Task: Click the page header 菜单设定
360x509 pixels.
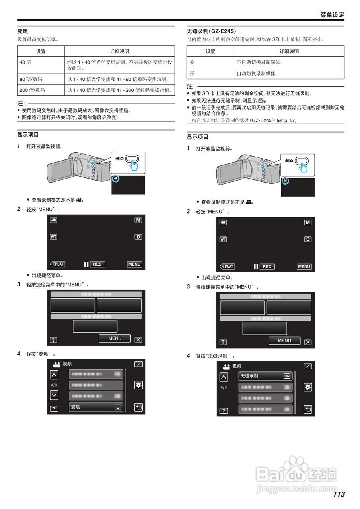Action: pos(332,15)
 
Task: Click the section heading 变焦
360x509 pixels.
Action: pos(23,31)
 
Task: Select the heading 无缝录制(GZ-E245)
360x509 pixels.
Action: pos(211,31)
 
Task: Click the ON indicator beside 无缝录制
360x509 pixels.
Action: pos(287,376)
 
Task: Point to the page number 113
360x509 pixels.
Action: pos(339,494)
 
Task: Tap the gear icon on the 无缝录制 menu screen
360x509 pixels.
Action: pos(308,387)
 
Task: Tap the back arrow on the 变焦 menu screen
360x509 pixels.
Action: pos(138,407)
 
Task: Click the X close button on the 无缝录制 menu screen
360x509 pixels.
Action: pos(308,366)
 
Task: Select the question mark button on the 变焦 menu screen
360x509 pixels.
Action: pos(54,408)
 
